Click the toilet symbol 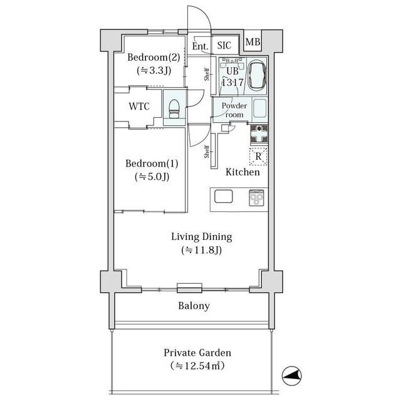tap(174, 108)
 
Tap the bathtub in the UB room tap(258, 75)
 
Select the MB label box tap(253, 42)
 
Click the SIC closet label tap(224, 46)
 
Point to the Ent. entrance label tap(200, 46)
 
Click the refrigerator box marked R tap(258, 156)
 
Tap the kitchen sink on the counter tap(223, 196)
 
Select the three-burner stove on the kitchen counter tap(256, 198)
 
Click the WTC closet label tap(139, 106)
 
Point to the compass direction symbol tap(291, 376)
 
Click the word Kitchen tap(242, 172)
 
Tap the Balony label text tap(194, 306)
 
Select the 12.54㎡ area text tap(197, 366)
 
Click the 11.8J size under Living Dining tap(202, 250)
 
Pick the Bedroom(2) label tap(154, 57)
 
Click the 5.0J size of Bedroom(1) tap(152, 177)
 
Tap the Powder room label tap(234, 110)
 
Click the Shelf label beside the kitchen tap(207, 152)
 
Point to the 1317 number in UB tap(232, 82)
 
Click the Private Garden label tap(197, 353)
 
